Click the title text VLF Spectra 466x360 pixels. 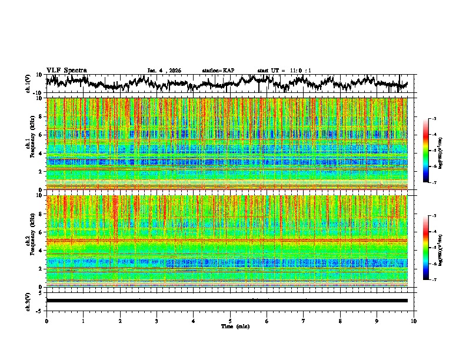pos(66,70)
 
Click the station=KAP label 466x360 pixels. pos(218,71)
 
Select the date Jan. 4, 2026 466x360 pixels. pos(164,71)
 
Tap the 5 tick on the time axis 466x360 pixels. pos(230,321)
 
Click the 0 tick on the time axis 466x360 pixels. pos(46,321)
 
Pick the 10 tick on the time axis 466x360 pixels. pos(414,321)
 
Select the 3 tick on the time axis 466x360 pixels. pos(157,321)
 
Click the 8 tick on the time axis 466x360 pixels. pos(340,321)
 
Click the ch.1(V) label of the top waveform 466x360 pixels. pos(28,84)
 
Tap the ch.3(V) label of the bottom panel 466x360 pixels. pos(28,301)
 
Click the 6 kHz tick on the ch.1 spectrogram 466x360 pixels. pos(41,135)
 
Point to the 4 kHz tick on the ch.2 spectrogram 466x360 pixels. pos(41,250)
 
